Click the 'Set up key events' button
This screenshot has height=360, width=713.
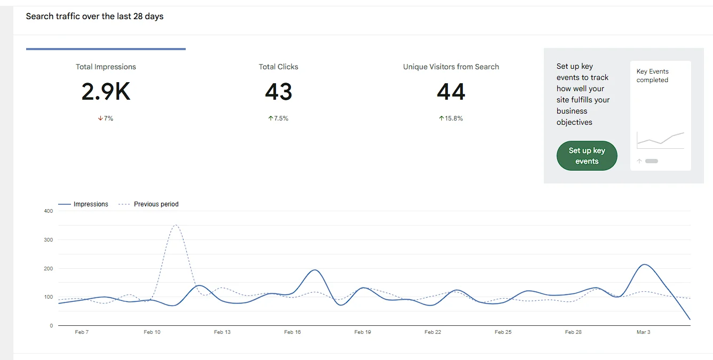click(x=587, y=156)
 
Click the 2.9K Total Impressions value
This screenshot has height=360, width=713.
click(x=106, y=92)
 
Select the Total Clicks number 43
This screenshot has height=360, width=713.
click(x=278, y=92)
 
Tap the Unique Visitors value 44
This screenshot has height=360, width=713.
click(x=451, y=92)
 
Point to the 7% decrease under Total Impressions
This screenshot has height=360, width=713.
click(x=106, y=118)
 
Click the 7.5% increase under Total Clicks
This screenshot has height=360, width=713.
click(x=278, y=118)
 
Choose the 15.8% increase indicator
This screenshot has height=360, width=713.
click(x=451, y=118)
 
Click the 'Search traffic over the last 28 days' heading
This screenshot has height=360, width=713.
click(x=94, y=17)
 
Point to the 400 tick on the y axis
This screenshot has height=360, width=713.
click(x=49, y=211)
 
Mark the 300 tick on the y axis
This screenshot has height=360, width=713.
click(x=49, y=240)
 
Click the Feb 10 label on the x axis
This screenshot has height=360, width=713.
click(x=152, y=332)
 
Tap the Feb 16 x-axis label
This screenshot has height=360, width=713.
click(x=292, y=332)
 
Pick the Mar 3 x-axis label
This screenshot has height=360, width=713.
click(x=644, y=332)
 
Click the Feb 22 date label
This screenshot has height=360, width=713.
click(x=433, y=332)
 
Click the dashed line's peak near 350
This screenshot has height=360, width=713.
click(x=176, y=225)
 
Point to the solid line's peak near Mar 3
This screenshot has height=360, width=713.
click(x=645, y=265)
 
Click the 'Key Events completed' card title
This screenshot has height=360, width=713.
click(x=652, y=76)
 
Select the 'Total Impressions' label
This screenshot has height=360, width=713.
click(x=106, y=67)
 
